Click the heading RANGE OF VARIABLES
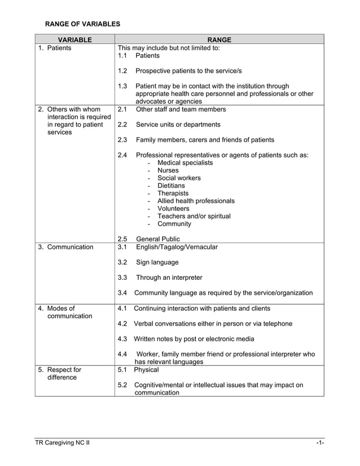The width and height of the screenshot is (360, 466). [x=82, y=24]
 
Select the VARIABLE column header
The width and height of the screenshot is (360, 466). [x=74, y=39]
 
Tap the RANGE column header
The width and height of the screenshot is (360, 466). [x=219, y=39]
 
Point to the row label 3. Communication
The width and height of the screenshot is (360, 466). [x=65, y=247]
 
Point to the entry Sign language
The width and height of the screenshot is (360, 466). [x=157, y=262]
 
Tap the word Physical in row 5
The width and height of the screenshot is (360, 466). [x=146, y=370]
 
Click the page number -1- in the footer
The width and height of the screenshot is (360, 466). [x=319, y=443]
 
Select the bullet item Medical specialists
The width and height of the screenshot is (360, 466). [x=185, y=162]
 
